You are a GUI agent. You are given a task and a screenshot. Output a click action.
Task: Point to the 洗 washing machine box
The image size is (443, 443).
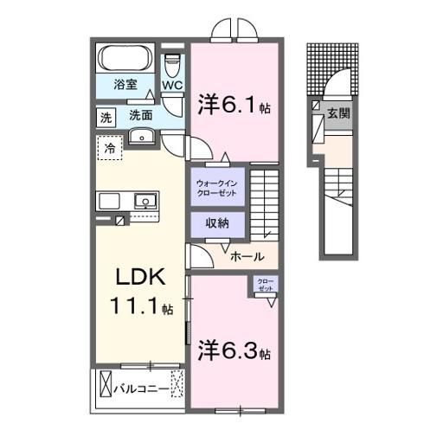tap(105, 116)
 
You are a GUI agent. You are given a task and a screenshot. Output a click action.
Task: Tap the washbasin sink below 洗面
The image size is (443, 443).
tap(140, 136)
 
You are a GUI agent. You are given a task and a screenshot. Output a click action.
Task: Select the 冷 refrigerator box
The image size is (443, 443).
tap(111, 148)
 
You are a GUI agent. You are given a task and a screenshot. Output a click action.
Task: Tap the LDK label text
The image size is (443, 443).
tap(138, 279)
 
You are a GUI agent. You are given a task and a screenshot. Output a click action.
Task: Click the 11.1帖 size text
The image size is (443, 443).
tap(140, 307)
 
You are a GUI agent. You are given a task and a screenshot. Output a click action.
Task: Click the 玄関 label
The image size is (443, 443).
tap(337, 114)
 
